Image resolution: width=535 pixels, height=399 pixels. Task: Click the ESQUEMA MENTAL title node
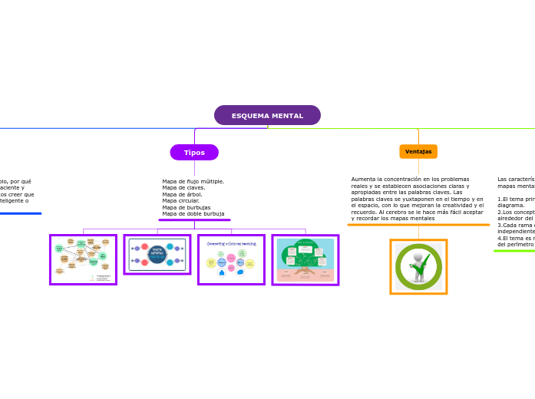[x=267, y=116]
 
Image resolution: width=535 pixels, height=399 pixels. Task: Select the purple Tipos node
[x=194, y=153]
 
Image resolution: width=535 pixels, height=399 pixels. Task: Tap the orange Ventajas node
[x=418, y=152]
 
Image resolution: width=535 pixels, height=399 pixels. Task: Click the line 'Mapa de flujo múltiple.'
[x=193, y=182]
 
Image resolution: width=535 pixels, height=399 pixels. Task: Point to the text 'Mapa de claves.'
[x=183, y=188]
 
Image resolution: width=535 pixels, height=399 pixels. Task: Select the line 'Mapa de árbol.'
[x=182, y=195]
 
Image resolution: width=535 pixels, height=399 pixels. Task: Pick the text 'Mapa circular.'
[x=180, y=201]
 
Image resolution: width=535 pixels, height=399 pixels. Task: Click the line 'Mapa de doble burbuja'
[x=193, y=214]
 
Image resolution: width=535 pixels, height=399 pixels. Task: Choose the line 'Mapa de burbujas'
[x=186, y=207]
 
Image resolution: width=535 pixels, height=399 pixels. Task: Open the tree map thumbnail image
[x=305, y=260]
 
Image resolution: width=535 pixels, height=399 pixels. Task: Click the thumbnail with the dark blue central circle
[x=157, y=255]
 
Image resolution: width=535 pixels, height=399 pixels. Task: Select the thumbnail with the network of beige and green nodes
[x=83, y=260]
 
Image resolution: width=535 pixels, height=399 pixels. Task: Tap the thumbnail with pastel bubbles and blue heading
[x=231, y=260]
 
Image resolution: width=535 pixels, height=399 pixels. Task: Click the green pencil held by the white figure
[x=424, y=263]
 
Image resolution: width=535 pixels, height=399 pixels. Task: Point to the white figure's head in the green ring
[x=418, y=257]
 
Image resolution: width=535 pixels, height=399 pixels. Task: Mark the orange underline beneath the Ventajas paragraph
[x=418, y=225]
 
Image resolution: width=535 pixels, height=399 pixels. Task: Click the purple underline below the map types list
[x=194, y=220]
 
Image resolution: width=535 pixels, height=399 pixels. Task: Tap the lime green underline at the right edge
[x=514, y=251]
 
